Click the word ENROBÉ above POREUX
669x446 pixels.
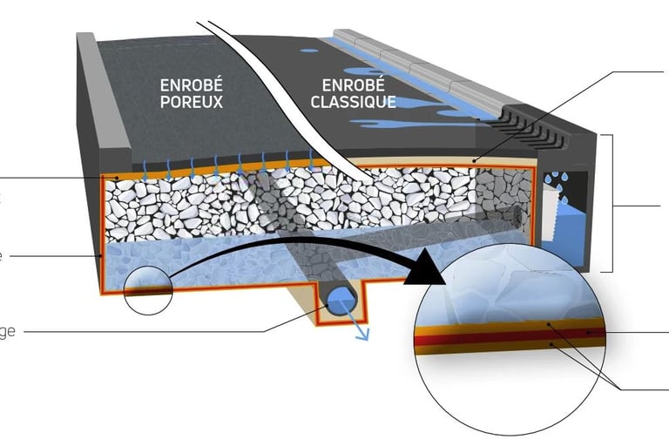point(191,85)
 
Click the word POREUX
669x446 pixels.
point(191,102)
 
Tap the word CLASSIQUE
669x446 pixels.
point(359,102)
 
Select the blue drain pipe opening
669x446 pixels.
point(337,301)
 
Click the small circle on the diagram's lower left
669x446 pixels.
point(148,288)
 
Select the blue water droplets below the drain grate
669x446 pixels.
point(552,181)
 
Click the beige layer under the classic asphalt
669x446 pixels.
point(436,163)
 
